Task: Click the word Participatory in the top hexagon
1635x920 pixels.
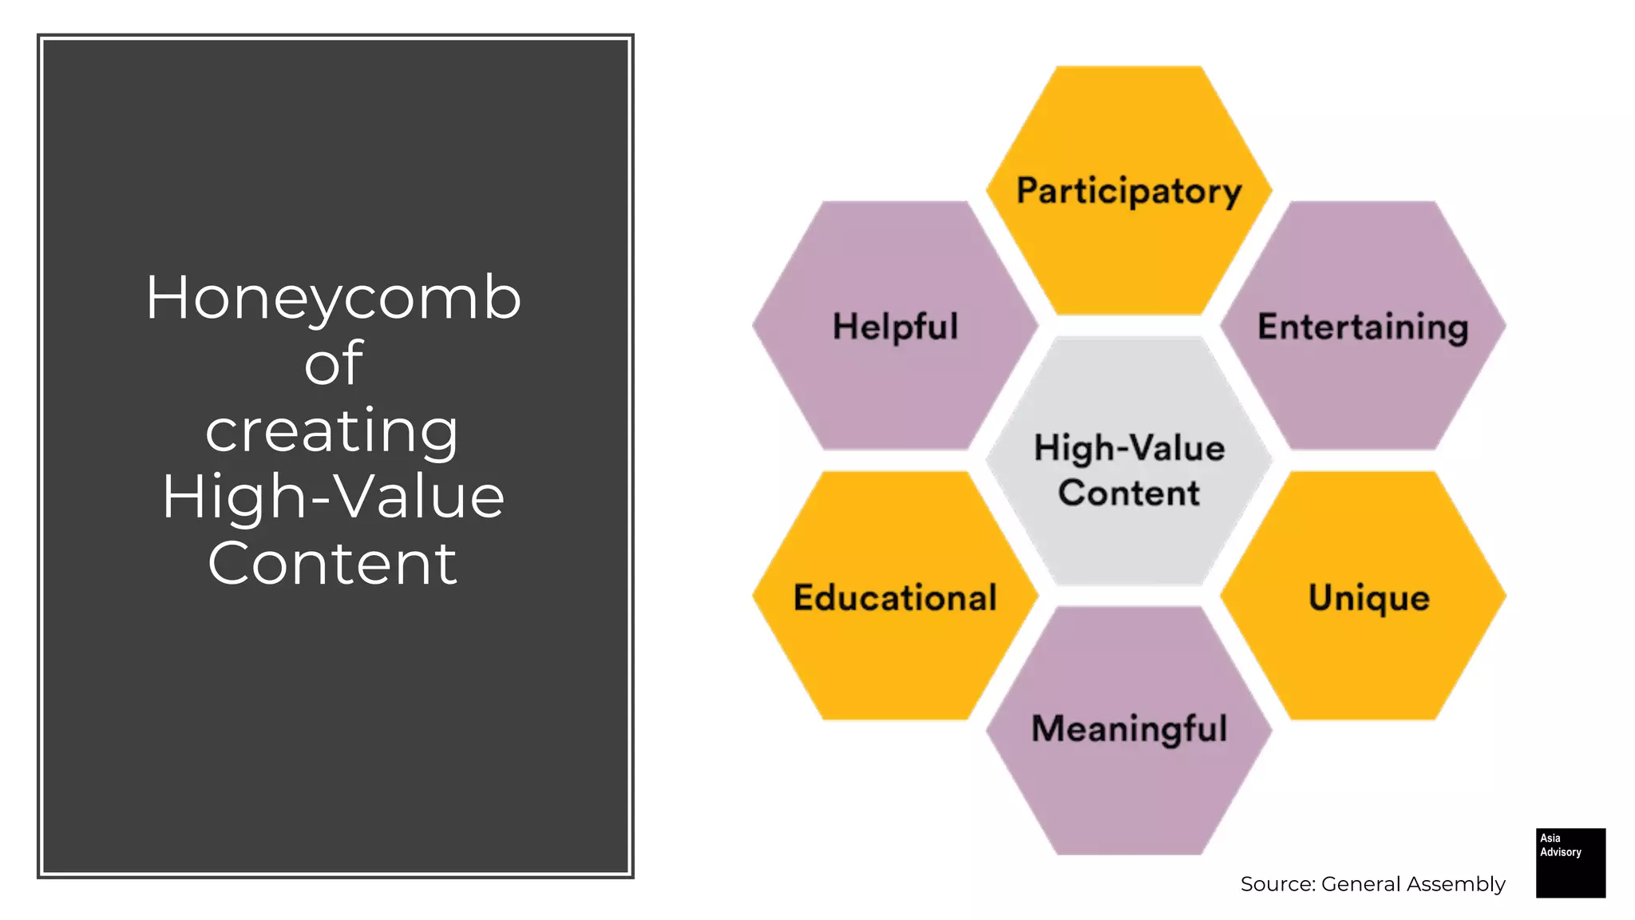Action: click(x=1129, y=192)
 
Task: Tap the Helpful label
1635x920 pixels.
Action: click(x=895, y=327)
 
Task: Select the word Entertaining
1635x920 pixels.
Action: click(x=1363, y=327)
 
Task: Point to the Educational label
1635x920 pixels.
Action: click(x=895, y=597)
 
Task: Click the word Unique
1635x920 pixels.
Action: click(x=1368, y=597)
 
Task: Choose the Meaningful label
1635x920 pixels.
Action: click(x=1129, y=728)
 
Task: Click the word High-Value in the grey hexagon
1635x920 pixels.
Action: click(x=1129, y=448)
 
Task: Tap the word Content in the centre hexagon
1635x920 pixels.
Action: click(x=1129, y=493)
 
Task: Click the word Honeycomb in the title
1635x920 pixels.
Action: click(x=334, y=298)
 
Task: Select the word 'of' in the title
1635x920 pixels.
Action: click(x=334, y=363)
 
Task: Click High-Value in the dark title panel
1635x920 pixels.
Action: click(x=334, y=497)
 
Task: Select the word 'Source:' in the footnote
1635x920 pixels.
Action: click(x=1277, y=884)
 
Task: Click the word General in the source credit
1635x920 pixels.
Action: click(x=1360, y=884)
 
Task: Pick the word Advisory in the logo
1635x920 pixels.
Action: click(x=1561, y=852)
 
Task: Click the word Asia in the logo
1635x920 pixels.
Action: click(x=1550, y=838)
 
